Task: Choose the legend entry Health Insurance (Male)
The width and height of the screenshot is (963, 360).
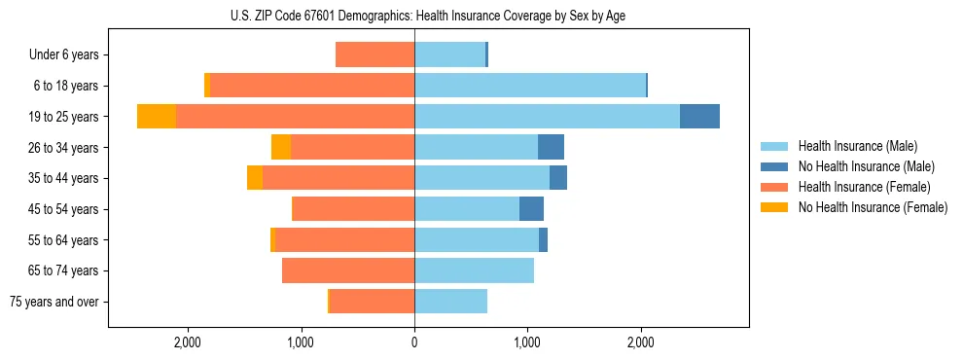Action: pos(857,146)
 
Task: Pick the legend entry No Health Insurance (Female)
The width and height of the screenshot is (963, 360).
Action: pos(872,207)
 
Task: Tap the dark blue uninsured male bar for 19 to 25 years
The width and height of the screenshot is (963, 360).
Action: pos(699,117)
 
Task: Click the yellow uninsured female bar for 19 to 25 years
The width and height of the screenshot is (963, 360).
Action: pos(157,117)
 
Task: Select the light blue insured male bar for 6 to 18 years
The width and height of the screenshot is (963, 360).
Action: pos(530,86)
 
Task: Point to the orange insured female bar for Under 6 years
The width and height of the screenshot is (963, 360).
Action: pos(374,54)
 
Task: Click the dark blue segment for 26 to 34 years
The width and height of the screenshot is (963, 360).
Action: pos(551,147)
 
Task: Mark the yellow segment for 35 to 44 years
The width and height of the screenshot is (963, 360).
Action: pos(255,178)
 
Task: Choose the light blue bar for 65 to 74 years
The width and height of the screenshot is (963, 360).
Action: pos(474,270)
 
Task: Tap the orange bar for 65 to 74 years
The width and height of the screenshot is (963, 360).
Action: pos(348,270)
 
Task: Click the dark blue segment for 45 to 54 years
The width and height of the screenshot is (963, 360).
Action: pos(531,209)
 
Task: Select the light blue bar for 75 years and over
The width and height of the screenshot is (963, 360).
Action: pos(450,302)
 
